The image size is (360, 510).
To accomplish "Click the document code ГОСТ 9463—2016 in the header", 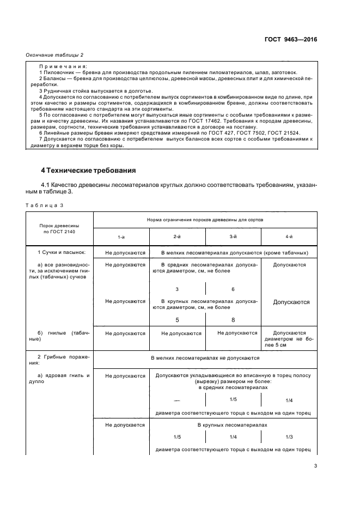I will pyautogui.click(x=291, y=40).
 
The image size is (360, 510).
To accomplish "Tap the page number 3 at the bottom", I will pyautogui.click(x=315, y=466).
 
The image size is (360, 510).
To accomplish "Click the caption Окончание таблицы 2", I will pyautogui.click(x=54, y=54).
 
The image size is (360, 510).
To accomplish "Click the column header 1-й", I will pyautogui.click(x=121, y=236).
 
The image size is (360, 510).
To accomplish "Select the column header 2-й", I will pyautogui.click(x=177, y=236).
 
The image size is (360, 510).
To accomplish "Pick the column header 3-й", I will pyautogui.click(x=233, y=236).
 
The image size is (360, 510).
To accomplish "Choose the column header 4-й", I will pyautogui.click(x=289, y=236).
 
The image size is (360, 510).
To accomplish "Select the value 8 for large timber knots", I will pyautogui.click(x=233, y=320).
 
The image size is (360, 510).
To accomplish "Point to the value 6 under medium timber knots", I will pyautogui.click(x=233, y=289).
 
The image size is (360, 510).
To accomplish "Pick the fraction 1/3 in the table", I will pyautogui.click(x=289, y=437).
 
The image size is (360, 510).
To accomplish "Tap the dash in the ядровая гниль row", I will pyautogui.click(x=177, y=400).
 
